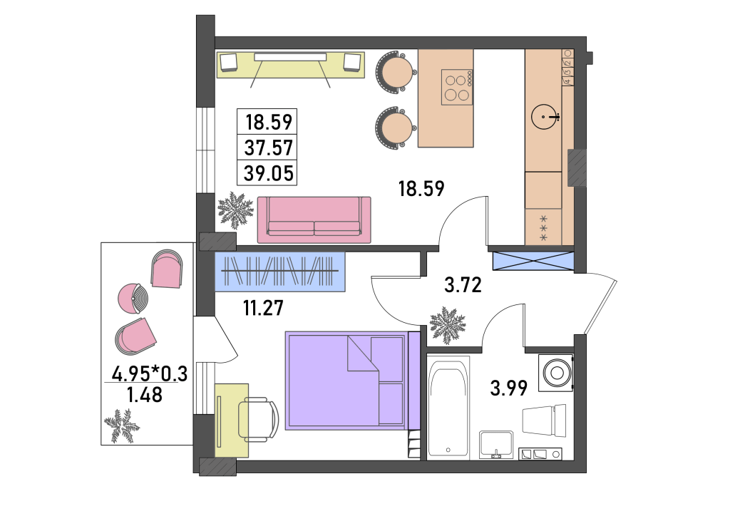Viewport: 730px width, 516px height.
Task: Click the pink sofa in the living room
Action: click(x=314, y=220)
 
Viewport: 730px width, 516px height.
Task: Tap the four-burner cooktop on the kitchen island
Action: click(x=457, y=87)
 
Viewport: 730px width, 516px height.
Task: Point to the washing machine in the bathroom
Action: click(x=556, y=373)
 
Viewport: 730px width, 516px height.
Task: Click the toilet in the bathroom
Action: click(x=544, y=420)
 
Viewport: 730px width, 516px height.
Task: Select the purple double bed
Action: click(x=347, y=380)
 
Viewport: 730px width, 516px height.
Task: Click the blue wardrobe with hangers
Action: click(x=279, y=272)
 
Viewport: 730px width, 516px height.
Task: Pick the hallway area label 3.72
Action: click(x=463, y=285)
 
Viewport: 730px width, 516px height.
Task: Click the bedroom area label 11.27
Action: click(x=264, y=308)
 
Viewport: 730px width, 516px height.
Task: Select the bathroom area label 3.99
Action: click(x=509, y=388)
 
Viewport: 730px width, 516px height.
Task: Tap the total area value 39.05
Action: click(x=269, y=174)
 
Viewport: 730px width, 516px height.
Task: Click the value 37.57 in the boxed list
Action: click(x=269, y=148)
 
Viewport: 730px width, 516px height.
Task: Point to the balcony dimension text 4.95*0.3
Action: click(x=150, y=373)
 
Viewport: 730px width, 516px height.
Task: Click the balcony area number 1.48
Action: click(x=145, y=395)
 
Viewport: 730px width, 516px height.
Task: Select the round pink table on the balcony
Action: click(x=133, y=299)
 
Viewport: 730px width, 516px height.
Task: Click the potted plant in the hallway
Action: click(x=448, y=325)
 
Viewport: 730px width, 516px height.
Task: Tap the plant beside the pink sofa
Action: click(x=235, y=210)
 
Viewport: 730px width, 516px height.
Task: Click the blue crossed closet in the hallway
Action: click(x=533, y=261)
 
